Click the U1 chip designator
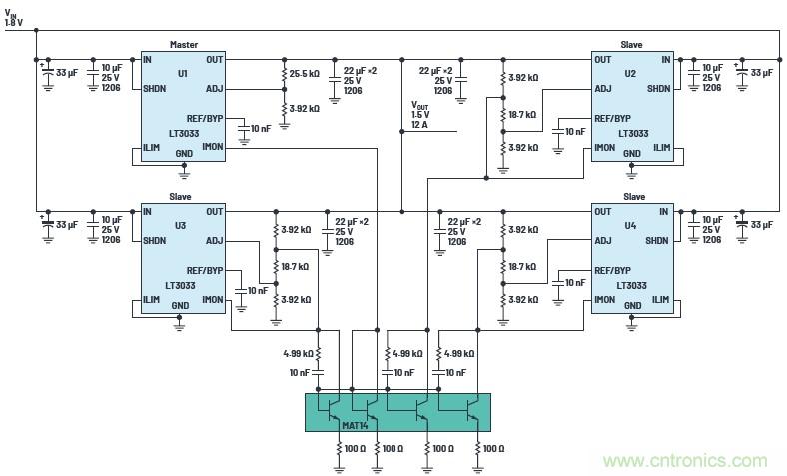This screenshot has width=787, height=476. (x=182, y=74)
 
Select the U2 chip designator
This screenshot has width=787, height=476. (x=631, y=74)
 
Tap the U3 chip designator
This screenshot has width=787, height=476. (x=180, y=226)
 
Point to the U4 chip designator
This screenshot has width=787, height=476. (x=631, y=226)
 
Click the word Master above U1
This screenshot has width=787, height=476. (x=184, y=45)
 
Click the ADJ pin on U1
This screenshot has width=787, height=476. (x=216, y=88)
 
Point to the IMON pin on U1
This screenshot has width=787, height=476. (x=213, y=148)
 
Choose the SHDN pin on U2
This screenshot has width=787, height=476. (x=658, y=88)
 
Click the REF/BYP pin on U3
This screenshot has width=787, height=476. (x=205, y=270)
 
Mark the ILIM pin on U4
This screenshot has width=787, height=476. (x=661, y=299)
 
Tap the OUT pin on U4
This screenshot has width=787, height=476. (x=603, y=211)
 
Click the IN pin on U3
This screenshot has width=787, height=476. (x=148, y=211)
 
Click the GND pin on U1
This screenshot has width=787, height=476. (x=184, y=154)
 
